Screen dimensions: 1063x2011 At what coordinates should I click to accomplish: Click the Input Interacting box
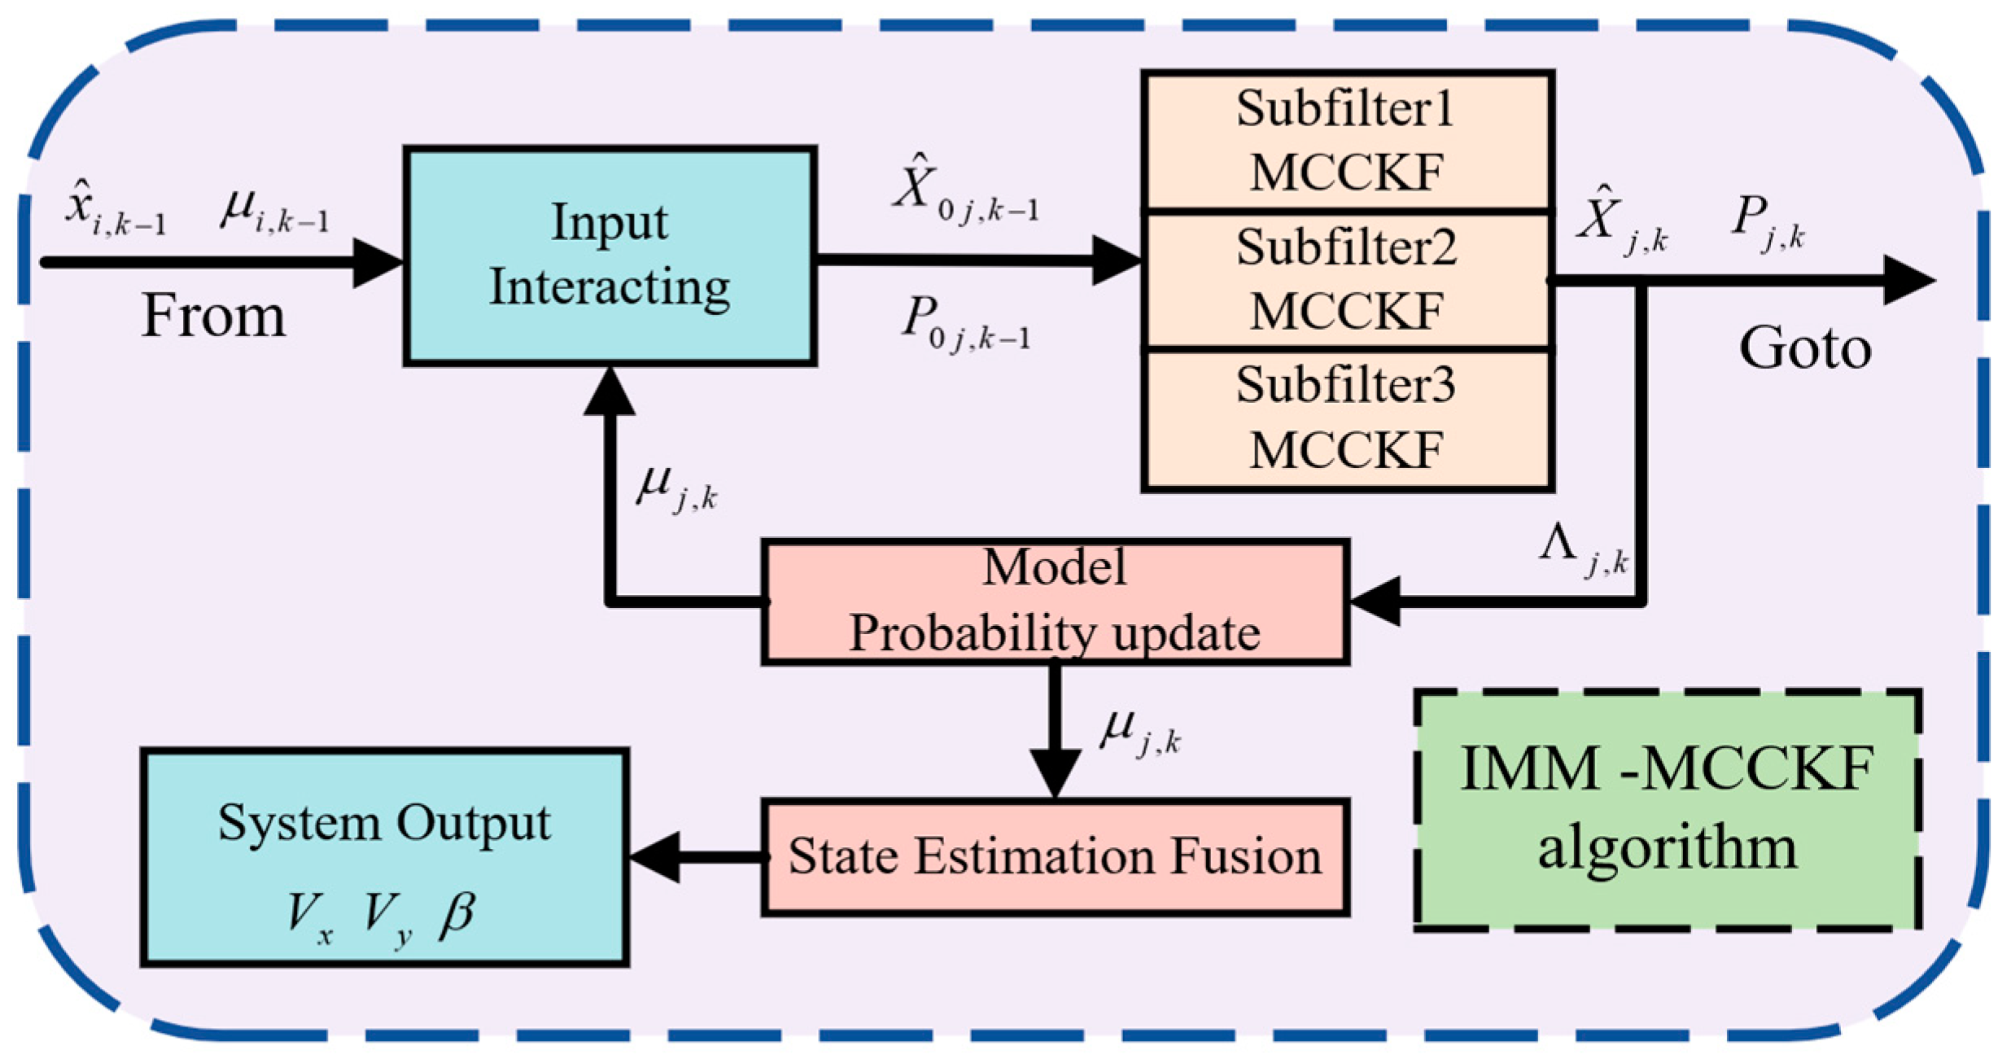pos(610,256)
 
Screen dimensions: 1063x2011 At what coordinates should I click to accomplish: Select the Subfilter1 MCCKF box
pos(1347,141)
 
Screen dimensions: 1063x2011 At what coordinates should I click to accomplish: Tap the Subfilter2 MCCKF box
pos(1347,279)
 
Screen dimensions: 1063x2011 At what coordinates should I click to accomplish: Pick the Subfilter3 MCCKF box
pos(1347,419)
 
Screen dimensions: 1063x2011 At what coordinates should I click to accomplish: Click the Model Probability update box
pos(1055,601)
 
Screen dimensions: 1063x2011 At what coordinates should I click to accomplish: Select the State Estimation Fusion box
pos(1055,857)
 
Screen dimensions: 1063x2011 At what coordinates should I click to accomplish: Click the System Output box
pos(384,857)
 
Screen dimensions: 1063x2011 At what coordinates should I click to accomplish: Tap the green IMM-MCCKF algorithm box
pos(1667,809)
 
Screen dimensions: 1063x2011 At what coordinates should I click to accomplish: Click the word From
pos(213,316)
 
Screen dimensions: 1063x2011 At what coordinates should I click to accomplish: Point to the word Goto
pos(1805,348)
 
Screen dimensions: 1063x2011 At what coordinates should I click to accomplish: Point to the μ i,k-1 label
pos(275,212)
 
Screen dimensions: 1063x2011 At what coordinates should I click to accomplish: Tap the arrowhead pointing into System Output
pos(656,857)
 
